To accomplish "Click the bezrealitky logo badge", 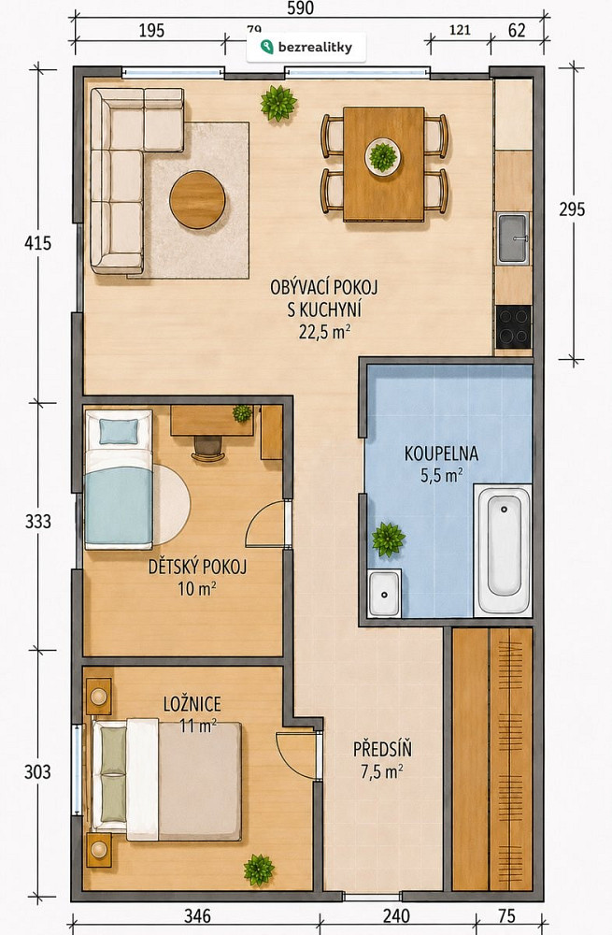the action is click(306, 47).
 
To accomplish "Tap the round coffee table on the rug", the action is click(197, 200).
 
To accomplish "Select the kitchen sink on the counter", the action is click(513, 238).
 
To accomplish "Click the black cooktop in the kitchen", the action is click(513, 326).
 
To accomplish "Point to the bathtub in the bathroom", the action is click(503, 551).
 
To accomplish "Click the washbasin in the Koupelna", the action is click(384, 593).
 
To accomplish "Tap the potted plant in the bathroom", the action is click(389, 539).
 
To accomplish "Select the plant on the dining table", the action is click(383, 156).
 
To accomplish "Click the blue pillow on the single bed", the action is click(119, 431).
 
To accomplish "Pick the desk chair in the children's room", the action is click(207, 448).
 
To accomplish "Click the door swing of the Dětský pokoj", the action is click(265, 525).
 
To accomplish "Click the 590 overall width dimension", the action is click(300, 7).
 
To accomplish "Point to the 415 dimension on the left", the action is click(37, 243).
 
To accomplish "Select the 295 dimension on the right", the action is click(572, 209).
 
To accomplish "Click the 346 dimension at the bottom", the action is click(197, 915).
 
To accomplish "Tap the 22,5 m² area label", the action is click(324, 332).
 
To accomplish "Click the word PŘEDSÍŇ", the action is click(382, 749).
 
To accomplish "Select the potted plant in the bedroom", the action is click(259, 870).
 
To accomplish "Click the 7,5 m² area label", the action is click(382, 771).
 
